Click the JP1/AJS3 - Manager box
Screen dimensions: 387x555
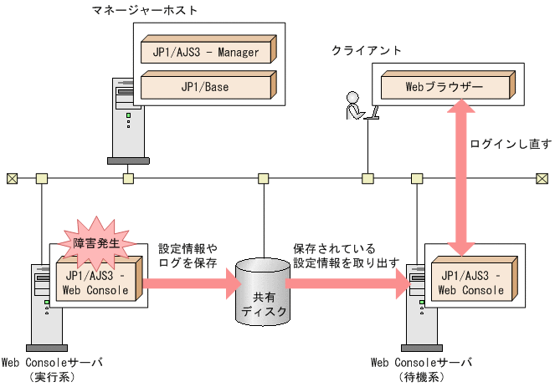pyautogui.click(x=207, y=52)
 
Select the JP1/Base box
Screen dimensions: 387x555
pyautogui.click(x=205, y=86)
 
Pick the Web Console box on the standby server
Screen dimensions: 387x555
pyautogui.click(x=471, y=283)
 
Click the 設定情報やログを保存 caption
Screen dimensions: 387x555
pyautogui.click(x=188, y=256)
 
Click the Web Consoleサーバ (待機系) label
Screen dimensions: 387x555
pyautogui.click(x=421, y=369)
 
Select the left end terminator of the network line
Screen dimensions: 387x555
pyautogui.click(x=12, y=178)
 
